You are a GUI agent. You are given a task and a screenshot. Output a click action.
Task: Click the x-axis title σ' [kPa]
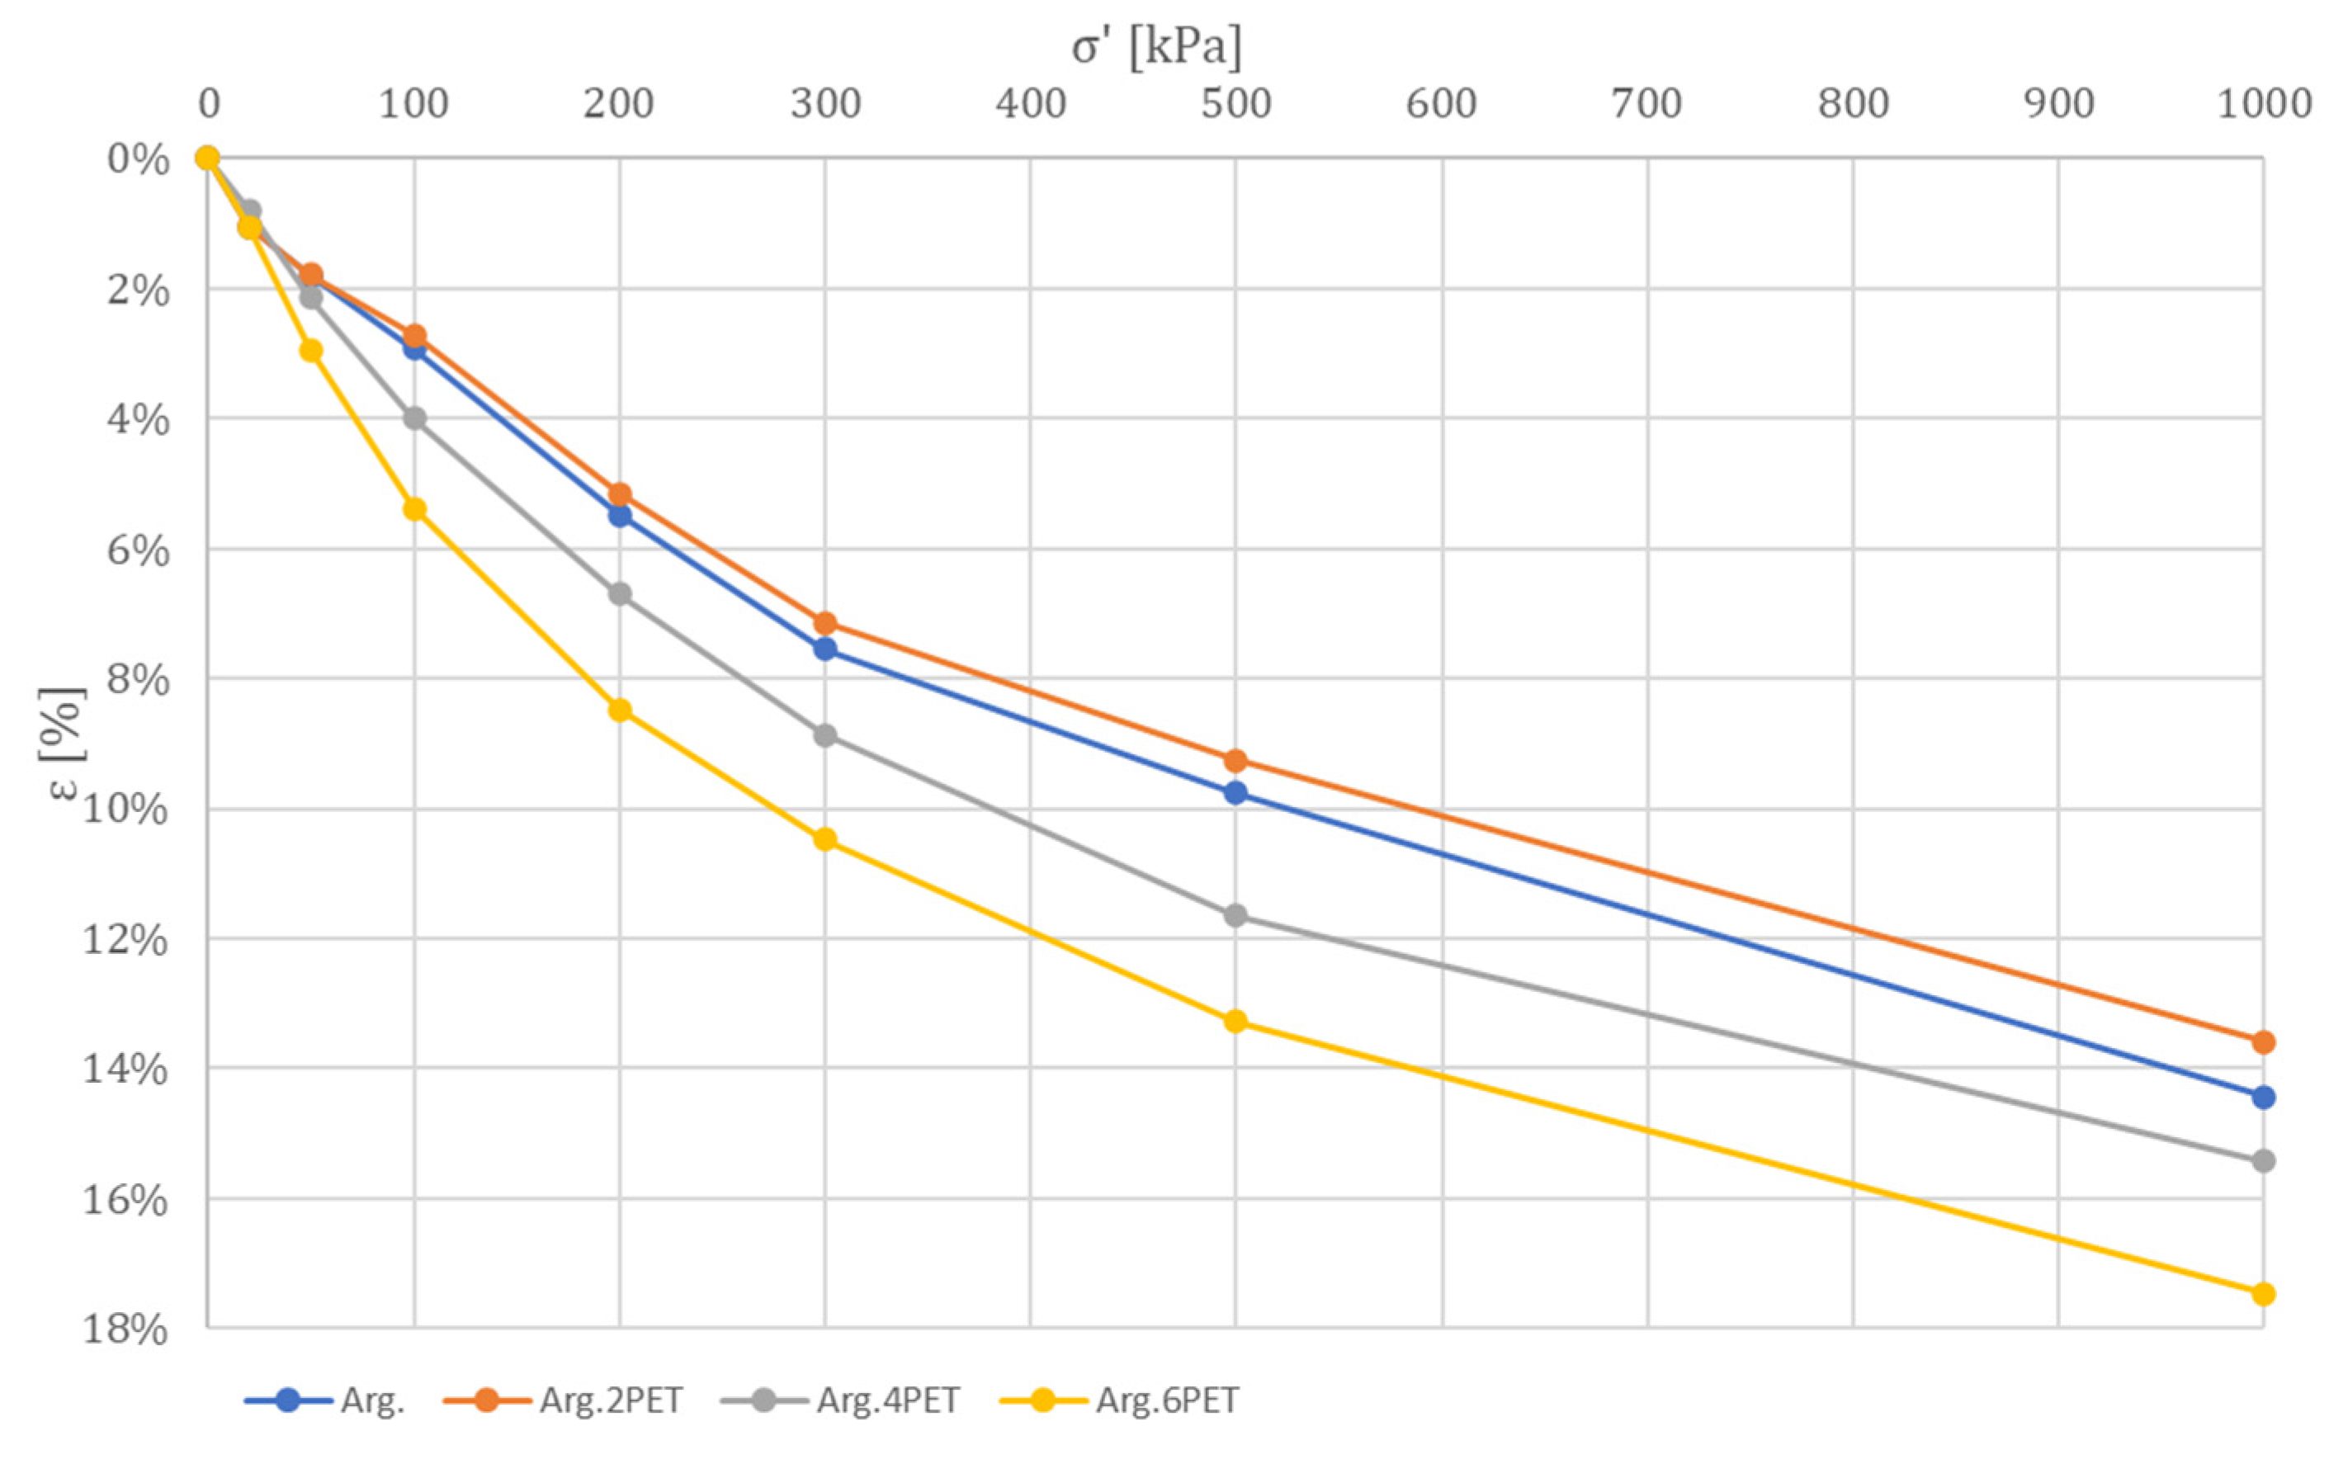coord(1156,46)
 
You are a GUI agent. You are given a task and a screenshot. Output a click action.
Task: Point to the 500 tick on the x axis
coord(1235,104)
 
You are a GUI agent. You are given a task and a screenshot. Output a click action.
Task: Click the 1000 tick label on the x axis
coord(2263,104)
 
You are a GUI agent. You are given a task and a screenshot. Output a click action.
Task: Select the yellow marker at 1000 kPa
coord(2263,1294)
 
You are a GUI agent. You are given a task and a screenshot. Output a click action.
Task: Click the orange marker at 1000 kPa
coord(2263,1042)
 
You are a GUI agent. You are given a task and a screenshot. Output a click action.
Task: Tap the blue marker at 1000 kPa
coord(2263,1098)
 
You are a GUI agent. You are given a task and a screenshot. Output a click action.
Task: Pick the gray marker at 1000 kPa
coord(2263,1161)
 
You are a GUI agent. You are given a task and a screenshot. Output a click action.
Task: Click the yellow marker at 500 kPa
coord(1235,1022)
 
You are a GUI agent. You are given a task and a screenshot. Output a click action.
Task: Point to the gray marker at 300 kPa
coord(825,735)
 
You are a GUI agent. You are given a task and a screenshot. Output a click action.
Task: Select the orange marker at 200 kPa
coord(620,494)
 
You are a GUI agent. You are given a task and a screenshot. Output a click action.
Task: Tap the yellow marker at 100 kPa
coord(414,509)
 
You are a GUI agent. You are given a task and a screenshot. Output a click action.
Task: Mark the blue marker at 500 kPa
coord(1235,793)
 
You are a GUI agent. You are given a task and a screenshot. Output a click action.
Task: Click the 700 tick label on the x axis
coord(1646,104)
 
